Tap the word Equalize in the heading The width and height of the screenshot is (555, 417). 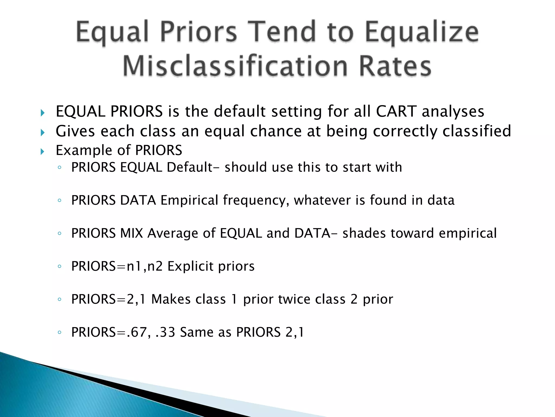coord(422,33)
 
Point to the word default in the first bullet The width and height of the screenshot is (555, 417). coord(240,111)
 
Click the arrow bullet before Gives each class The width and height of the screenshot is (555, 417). coord(43,132)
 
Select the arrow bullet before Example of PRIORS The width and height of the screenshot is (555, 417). coord(43,151)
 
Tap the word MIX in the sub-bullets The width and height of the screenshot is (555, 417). coord(131,233)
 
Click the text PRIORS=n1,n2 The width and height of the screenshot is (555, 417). coord(117,266)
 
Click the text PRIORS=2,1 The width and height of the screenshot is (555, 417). coord(109,299)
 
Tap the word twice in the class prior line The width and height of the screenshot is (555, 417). coord(294,299)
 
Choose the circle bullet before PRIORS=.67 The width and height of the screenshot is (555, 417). coord(60,332)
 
